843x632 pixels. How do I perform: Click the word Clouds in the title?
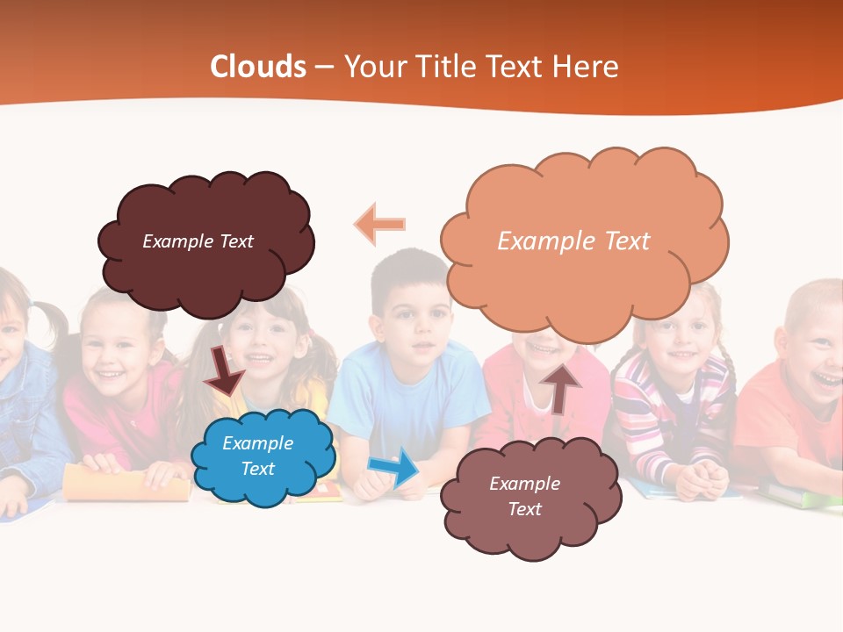point(258,67)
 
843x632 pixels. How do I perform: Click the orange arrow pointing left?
point(379,224)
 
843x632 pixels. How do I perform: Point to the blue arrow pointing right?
point(394,467)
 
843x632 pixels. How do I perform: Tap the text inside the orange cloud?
point(573,241)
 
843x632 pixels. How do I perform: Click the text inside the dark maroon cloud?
point(198,241)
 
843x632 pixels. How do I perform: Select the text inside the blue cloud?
point(258,456)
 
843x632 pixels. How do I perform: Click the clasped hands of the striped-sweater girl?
point(702,479)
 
